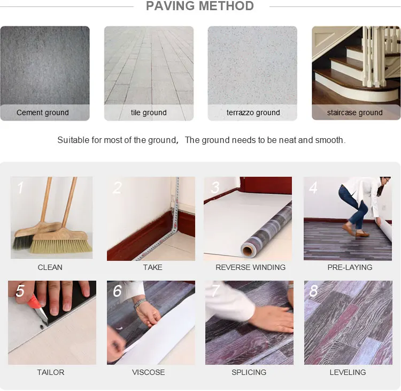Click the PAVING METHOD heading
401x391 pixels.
200,6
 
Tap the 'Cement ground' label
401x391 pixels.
43,112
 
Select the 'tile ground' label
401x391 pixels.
149,112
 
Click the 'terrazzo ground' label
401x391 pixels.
253,112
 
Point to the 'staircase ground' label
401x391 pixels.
355,112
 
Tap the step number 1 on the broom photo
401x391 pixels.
20,187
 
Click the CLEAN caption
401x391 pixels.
50,267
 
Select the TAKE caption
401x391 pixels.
152,267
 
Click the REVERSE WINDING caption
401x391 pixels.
250,267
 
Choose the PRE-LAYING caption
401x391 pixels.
350,267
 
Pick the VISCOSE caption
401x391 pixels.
149,372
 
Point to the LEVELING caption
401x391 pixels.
348,372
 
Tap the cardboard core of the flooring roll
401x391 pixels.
248,250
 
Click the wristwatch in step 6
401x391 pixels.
140,303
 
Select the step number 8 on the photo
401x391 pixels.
314,291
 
